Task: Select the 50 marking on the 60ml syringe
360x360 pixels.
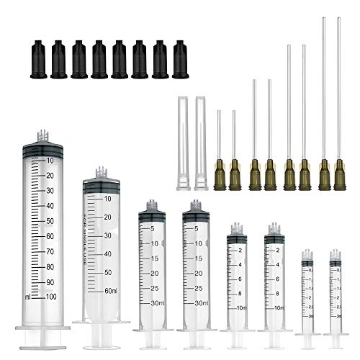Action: click(109, 272)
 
